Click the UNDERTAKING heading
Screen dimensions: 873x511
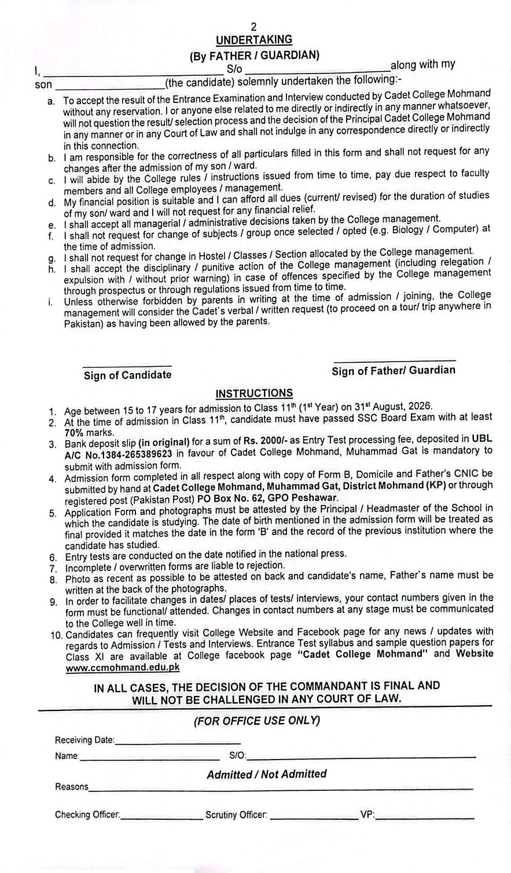pyautogui.click(x=254, y=40)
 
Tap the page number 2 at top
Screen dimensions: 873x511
pyautogui.click(x=253, y=27)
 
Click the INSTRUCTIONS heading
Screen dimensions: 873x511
pyautogui.click(x=254, y=393)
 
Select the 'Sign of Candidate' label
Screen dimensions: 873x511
pyautogui.click(x=127, y=375)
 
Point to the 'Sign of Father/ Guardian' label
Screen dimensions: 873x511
pyautogui.click(x=394, y=370)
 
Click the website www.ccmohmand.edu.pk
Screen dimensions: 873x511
pyautogui.click(x=122, y=667)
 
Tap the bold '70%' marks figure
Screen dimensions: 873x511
pyautogui.click(x=76, y=433)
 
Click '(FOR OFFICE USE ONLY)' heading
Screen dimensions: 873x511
pyautogui.click(x=256, y=721)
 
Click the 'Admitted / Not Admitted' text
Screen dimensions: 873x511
pyautogui.click(x=267, y=774)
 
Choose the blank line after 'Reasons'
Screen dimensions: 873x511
pyautogui.click(x=281, y=788)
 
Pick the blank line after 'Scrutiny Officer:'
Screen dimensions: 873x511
pyautogui.click(x=314, y=817)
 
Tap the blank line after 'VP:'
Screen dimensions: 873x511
pyautogui.click(x=425, y=817)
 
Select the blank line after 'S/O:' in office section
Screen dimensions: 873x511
pyautogui.click(x=361, y=757)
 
